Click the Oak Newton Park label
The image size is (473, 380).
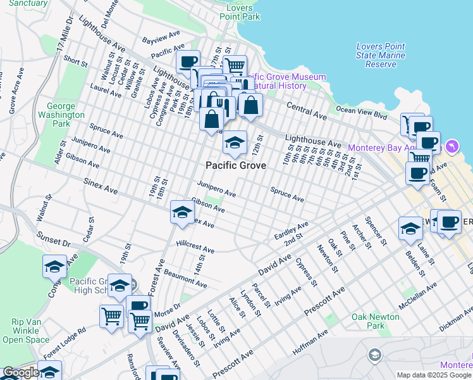(x=376, y=321)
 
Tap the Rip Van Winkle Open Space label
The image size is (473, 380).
(x=26, y=331)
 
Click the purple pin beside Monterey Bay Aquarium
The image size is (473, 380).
(x=451, y=147)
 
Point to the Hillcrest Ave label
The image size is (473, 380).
(x=195, y=247)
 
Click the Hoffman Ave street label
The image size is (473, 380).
(x=310, y=342)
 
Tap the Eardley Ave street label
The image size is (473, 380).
(x=291, y=230)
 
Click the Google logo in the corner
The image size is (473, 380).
(x=21, y=373)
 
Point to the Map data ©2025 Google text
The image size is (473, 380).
(x=434, y=375)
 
